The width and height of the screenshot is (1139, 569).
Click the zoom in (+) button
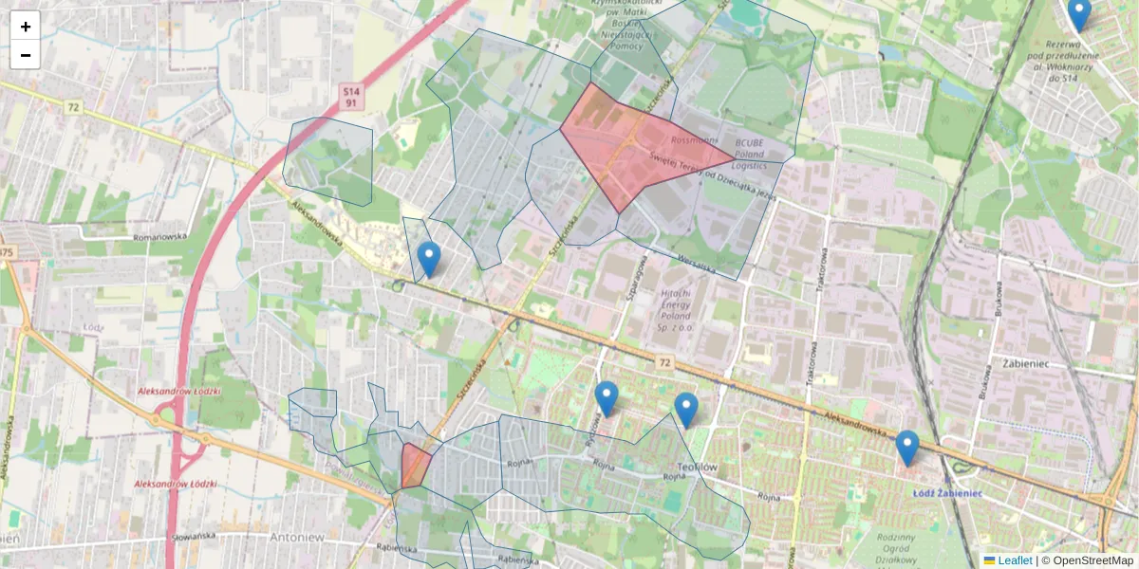point(26,27)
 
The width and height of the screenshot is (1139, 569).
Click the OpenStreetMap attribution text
point(1092,560)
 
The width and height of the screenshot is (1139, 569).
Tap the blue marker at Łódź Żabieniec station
point(907,448)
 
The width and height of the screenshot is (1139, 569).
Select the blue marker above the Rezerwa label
point(1078,13)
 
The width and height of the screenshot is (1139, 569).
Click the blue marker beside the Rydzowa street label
point(607,398)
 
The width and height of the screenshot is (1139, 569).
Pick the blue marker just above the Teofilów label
point(686,410)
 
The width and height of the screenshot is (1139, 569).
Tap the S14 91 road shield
point(350,96)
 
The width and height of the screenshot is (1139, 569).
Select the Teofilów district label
point(700,467)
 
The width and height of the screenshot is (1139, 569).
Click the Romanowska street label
point(162,237)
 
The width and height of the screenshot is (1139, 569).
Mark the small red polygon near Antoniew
point(415,466)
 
